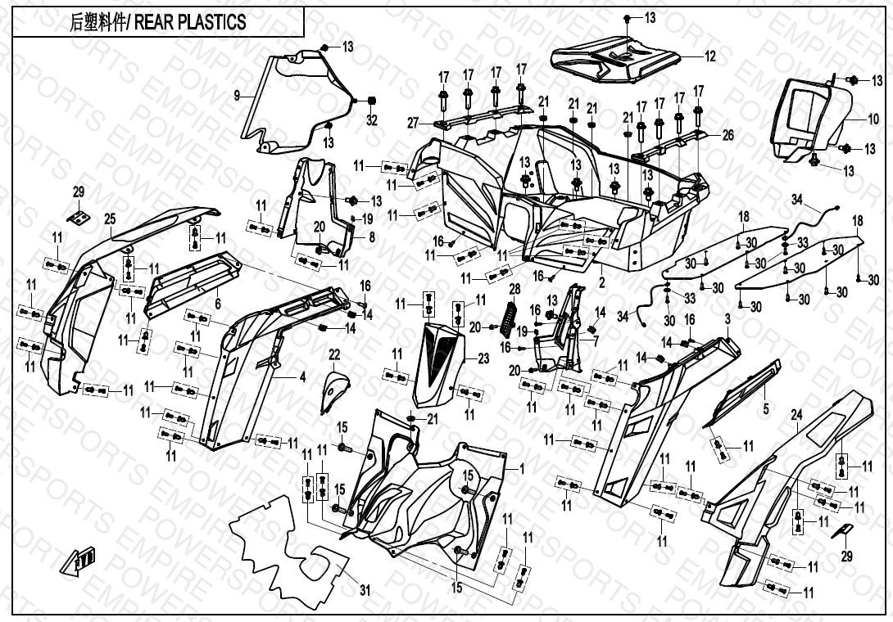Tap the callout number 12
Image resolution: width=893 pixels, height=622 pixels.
point(709,56)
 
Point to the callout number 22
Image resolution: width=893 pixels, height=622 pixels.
point(334,354)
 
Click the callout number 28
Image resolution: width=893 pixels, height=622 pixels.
point(514,290)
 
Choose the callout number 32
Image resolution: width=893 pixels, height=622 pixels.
point(372,120)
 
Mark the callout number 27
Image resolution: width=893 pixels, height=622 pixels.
point(414,123)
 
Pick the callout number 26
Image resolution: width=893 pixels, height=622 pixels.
point(728,135)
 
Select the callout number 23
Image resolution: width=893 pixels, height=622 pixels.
point(483,358)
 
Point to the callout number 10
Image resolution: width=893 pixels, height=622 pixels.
point(874,118)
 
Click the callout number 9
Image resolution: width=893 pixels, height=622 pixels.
point(237,96)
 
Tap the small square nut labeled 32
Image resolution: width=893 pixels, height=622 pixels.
point(371,101)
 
